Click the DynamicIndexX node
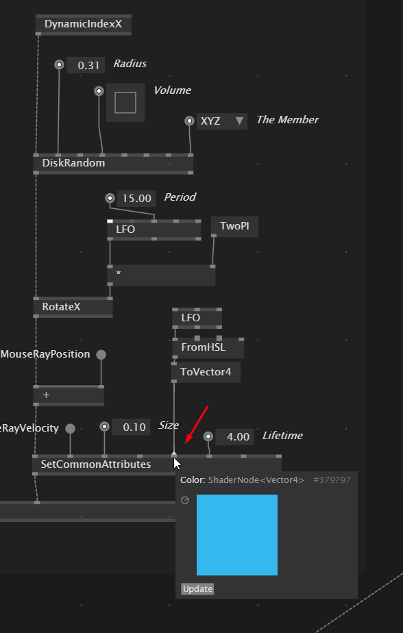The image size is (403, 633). [83, 24]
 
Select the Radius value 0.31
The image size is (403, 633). [86, 65]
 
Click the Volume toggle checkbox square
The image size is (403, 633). [125, 103]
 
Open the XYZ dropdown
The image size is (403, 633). [221, 121]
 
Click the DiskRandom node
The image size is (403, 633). [113, 164]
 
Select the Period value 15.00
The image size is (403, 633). [136, 199]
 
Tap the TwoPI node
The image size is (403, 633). [234, 227]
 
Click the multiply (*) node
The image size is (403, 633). [161, 275]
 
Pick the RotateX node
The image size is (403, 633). [73, 307]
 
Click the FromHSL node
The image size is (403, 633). [208, 347]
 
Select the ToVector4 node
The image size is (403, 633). [206, 372]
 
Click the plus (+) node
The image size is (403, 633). [69, 396]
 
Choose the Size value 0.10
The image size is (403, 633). [131, 427]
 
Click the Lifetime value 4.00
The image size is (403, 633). [234, 437]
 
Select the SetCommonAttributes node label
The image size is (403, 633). [96, 464]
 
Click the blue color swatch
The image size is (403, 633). [237, 535]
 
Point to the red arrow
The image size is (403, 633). [196, 425]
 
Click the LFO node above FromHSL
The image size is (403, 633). [197, 318]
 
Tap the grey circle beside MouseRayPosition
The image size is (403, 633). [101, 354]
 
